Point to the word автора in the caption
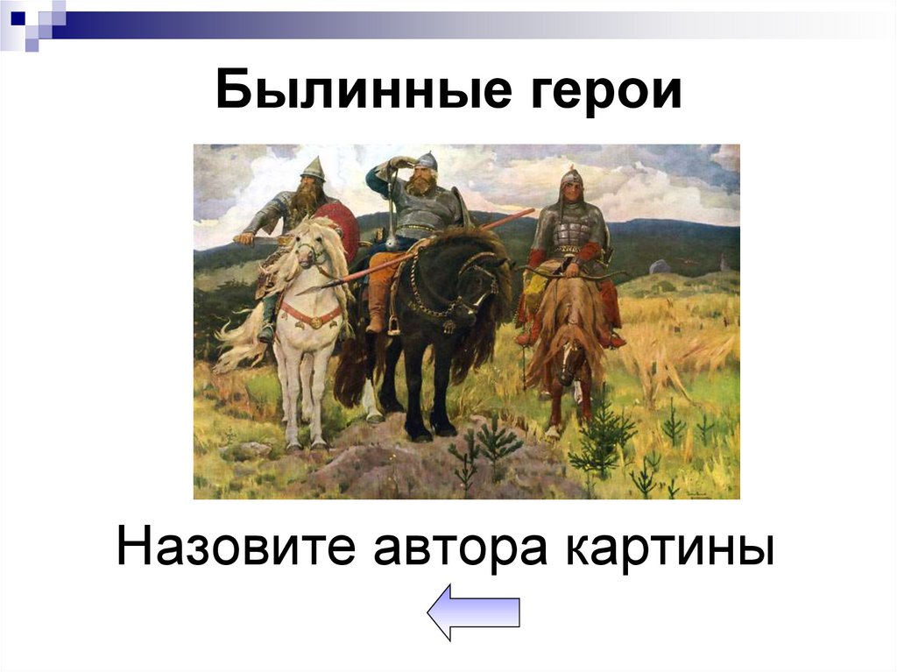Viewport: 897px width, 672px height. click(455, 548)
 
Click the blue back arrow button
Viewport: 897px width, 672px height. click(473, 612)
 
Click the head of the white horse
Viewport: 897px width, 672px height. click(312, 254)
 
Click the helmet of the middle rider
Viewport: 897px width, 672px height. click(427, 161)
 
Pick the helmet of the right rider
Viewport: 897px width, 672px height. click(571, 179)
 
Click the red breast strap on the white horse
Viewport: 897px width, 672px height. click(310, 314)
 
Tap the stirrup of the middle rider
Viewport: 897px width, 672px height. click(394, 326)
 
